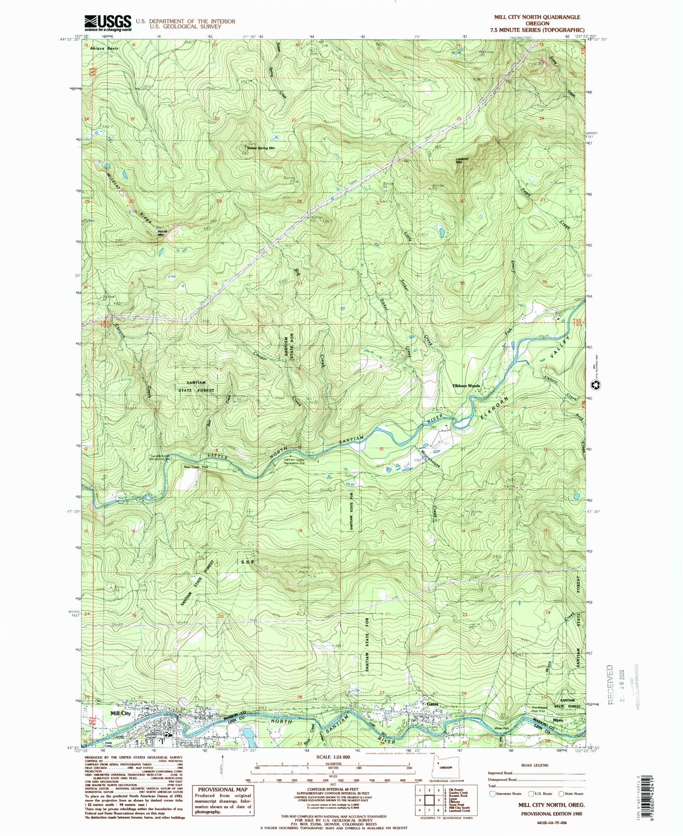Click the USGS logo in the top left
pyautogui.click(x=107, y=22)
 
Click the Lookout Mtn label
pyautogui.click(x=462, y=160)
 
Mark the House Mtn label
pyautogui.click(x=161, y=233)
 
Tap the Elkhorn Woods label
pyautogui.click(x=466, y=386)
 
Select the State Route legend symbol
pyautogui.click(x=562, y=793)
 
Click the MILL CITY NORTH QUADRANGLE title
pyautogui.click(x=537, y=17)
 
